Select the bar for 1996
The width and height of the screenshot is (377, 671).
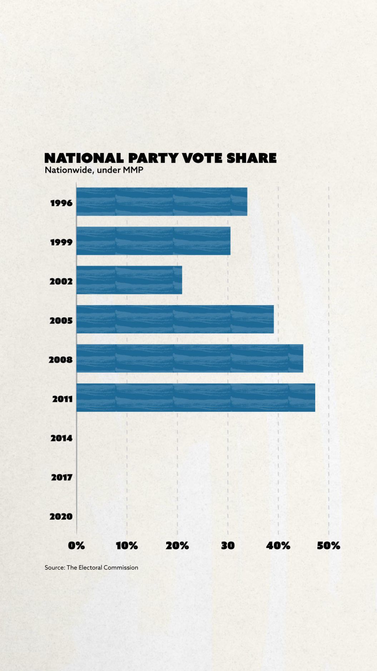[162, 201]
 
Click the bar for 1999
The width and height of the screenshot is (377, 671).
[153, 241]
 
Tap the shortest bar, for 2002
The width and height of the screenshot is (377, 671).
[129, 280]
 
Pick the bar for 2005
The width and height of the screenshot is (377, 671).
[175, 319]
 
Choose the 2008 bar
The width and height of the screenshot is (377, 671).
[190, 358]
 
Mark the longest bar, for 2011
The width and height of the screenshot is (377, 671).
[196, 397]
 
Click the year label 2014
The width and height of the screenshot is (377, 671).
[61, 438]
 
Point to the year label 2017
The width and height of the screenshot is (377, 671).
[61, 477]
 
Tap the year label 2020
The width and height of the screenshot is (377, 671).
[61, 516]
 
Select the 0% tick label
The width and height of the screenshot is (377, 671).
[76, 546]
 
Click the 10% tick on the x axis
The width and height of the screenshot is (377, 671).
[127, 546]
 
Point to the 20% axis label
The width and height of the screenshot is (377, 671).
[177, 546]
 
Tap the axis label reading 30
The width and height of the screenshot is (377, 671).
[228, 546]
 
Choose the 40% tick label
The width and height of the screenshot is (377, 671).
[278, 546]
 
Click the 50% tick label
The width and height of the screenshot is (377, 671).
[328, 546]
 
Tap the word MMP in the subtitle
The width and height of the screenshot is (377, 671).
[133, 170]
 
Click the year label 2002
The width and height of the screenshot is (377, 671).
[61, 281]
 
